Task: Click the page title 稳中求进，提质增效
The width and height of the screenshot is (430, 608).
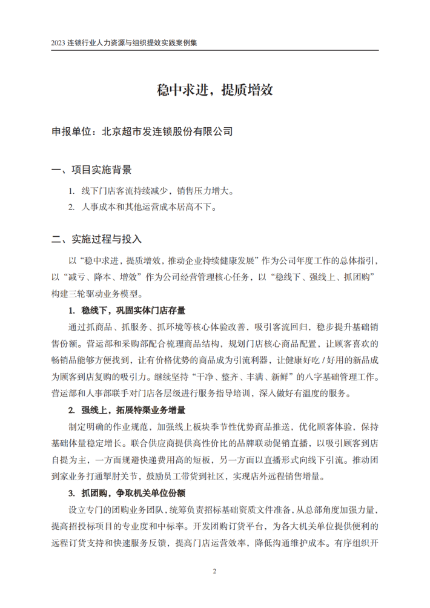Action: click(x=215, y=90)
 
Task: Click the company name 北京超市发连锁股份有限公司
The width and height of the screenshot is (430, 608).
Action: click(x=168, y=131)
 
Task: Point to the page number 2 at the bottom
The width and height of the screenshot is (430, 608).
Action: click(x=215, y=570)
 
